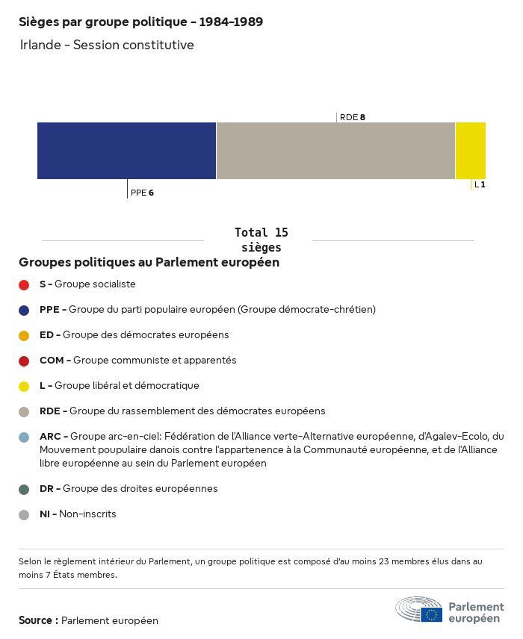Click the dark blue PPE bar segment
click(x=126, y=150)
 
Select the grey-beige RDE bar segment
click(x=335, y=150)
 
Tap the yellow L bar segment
click(x=470, y=150)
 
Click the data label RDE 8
click(x=352, y=117)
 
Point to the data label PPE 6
click(x=142, y=193)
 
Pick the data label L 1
click(x=480, y=184)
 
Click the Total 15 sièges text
click(x=261, y=240)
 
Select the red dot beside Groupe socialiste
click(x=24, y=284)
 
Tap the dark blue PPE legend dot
click(x=24, y=310)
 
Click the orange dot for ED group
click(x=24, y=335)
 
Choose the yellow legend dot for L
click(x=24, y=386)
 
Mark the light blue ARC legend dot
click(x=24, y=437)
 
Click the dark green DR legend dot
click(x=24, y=489)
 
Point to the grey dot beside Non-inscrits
click(x=24, y=514)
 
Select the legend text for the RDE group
click(x=182, y=411)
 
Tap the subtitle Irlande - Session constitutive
click(x=107, y=45)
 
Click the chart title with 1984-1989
click(x=140, y=22)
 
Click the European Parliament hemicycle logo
click(x=419, y=609)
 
